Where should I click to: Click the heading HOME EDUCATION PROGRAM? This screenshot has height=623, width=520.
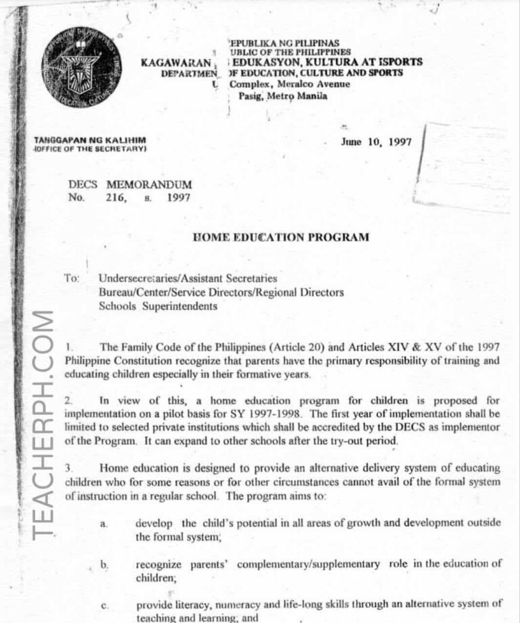281,237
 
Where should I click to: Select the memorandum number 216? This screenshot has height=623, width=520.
116,198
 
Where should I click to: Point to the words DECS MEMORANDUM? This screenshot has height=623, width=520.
130,184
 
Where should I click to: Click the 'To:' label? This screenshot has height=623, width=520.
73,278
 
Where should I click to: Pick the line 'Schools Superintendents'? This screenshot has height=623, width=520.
158,306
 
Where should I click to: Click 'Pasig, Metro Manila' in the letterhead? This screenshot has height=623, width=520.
282,96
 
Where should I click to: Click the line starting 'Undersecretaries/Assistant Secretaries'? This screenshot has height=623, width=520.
187,278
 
